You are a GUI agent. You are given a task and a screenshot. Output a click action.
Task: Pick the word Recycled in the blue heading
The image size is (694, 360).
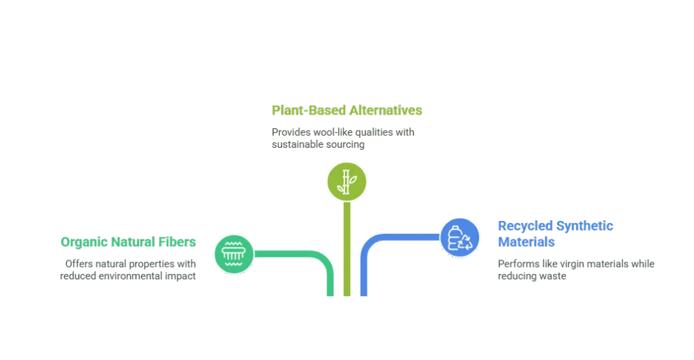(x=525, y=226)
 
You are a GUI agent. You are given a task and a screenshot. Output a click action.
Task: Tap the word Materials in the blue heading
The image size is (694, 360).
(x=527, y=242)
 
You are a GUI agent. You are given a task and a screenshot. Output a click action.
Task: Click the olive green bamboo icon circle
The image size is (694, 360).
(x=347, y=180)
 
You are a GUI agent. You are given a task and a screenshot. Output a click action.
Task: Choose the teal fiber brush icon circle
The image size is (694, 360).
(x=233, y=254)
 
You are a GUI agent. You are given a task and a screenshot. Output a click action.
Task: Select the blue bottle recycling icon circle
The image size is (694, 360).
(x=460, y=238)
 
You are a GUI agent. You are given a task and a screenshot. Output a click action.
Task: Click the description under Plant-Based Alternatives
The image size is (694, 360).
(x=344, y=138)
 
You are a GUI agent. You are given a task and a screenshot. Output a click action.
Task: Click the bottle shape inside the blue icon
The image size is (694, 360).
(x=455, y=237)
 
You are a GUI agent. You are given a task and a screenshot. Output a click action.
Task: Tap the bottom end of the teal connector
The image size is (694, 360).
(x=331, y=293)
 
